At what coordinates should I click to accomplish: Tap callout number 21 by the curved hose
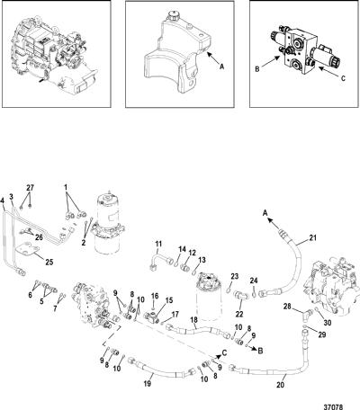312,238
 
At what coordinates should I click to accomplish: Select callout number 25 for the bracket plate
49,262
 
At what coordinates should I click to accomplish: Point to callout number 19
148,383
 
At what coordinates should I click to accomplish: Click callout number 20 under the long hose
280,385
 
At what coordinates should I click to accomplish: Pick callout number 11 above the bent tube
158,244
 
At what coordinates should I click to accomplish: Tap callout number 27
30,188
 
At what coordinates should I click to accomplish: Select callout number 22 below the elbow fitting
239,314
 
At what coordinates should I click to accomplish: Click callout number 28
288,307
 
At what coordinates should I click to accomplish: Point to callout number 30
328,323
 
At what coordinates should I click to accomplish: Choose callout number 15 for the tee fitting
169,300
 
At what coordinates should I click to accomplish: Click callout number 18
194,321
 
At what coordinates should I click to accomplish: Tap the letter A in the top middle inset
221,67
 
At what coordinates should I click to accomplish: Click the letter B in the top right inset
257,69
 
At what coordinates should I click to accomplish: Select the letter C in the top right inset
343,78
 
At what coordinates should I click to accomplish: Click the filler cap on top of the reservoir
173,15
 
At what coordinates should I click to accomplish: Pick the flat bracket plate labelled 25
28,251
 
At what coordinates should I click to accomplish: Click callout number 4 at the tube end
3,201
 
